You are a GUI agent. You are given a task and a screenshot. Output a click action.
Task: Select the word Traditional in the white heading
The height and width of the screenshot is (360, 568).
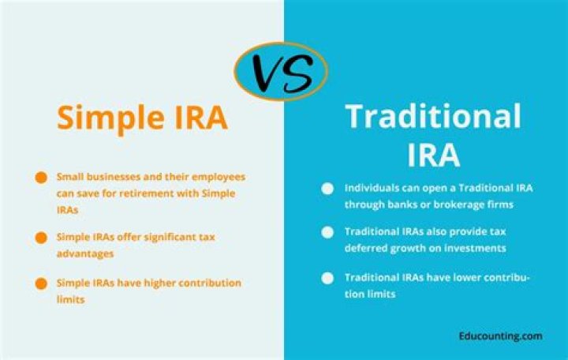click(x=434, y=117)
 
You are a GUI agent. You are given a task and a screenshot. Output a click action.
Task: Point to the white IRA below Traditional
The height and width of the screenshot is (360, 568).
click(x=434, y=155)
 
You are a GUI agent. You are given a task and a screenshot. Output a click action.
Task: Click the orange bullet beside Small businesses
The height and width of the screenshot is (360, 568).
click(x=40, y=178)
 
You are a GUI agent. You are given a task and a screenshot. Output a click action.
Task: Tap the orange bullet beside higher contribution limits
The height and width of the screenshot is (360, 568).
click(x=40, y=283)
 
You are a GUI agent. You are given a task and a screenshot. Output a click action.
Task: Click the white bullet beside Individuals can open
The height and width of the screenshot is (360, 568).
click(x=327, y=189)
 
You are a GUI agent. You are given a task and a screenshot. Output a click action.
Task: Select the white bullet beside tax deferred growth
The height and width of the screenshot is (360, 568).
click(x=327, y=233)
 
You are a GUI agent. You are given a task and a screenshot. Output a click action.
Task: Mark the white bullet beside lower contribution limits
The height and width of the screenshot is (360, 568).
click(x=327, y=278)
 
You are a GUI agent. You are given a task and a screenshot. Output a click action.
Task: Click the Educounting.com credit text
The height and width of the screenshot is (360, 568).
click(x=500, y=336)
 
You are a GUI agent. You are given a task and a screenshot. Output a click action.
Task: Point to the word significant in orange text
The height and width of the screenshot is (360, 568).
click(x=167, y=237)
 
